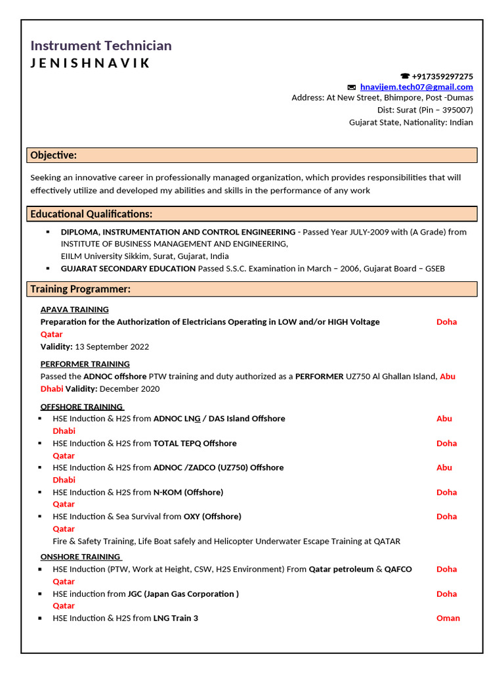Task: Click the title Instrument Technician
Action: (x=101, y=45)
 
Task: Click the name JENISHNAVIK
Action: (x=90, y=63)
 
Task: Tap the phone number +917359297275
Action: (x=442, y=76)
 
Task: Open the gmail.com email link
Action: (x=416, y=87)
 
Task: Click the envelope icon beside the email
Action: (x=352, y=87)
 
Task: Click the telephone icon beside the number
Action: (x=405, y=76)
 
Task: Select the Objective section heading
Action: (x=54, y=155)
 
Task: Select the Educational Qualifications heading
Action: (x=91, y=214)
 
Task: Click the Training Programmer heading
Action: (x=80, y=289)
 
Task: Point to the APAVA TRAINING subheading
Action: (x=74, y=310)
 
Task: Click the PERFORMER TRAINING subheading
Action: (x=85, y=364)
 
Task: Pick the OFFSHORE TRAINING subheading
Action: (x=81, y=407)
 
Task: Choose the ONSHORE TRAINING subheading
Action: (x=80, y=557)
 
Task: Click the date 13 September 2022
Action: (x=112, y=346)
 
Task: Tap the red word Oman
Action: (x=448, y=618)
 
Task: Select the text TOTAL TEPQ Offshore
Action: (x=195, y=443)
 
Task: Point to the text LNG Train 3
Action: (x=175, y=618)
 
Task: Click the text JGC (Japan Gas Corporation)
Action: (x=182, y=593)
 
